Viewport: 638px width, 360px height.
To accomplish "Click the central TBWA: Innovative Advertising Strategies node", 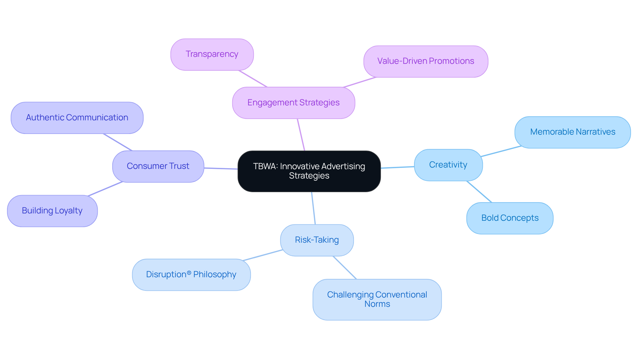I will pyautogui.click(x=309, y=171).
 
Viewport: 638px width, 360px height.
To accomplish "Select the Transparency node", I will pyautogui.click(x=212, y=54).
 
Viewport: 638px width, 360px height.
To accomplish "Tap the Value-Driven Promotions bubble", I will pyautogui.click(x=426, y=61).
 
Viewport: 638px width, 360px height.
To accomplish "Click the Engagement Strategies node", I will pyautogui.click(x=293, y=103).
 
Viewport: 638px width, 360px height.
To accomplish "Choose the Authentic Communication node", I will pyautogui.click(x=77, y=118).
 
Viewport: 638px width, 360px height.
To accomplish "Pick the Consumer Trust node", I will pyautogui.click(x=158, y=166).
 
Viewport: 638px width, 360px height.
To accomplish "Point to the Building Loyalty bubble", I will pyautogui.click(x=52, y=211).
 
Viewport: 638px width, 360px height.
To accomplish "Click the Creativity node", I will pyautogui.click(x=448, y=165).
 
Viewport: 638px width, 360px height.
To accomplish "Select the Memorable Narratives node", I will pyautogui.click(x=573, y=132).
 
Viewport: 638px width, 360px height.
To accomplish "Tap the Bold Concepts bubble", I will pyautogui.click(x=510, y=218).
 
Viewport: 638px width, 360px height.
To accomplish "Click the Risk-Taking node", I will pyautogui.click(x=317, y=240).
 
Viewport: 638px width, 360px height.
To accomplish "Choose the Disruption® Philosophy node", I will pyautogui.click(x=191, y=275).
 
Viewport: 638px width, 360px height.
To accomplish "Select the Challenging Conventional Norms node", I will pyautogui.click(x=377, y=299).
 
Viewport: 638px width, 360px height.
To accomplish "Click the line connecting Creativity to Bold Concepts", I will pyautogui.click(x=479, y=192).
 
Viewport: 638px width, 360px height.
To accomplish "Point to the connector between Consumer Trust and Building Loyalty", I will pyautogui.click(x=105, y=189).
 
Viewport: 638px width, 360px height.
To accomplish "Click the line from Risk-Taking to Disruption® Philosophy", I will pyautogui.click(x=263, y=255).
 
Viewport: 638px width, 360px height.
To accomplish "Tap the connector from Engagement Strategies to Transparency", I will pyautogui.click(x=253, y=79).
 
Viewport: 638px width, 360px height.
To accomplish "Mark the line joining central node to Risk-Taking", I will pyautogui.click(x=313, y=208).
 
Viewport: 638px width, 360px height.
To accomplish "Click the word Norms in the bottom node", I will pyautogui.click(x=377, y=304).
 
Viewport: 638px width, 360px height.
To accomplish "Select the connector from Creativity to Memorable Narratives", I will pyautogui.click(x=501, y=151).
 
